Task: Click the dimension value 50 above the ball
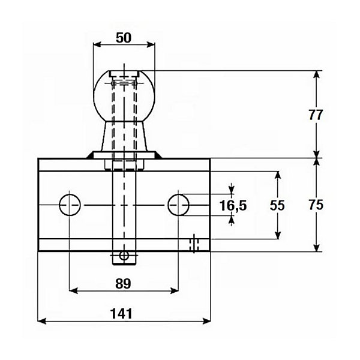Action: (x=124, y=38)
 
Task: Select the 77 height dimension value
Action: (x=316, y=115)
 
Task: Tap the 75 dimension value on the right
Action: (x=316, y=205)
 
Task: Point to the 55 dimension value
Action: (x=277, y=205)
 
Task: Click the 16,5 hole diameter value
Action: (x=233, y=205)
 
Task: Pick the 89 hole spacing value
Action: (x=123, y=284)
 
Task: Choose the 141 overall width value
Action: (x=121, y=314)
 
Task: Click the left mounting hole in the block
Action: (x=70, y=205)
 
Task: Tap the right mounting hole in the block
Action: (x=178, y=205)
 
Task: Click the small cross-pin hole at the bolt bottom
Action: (x=124, y=255)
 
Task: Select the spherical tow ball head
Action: (x=124, y=96)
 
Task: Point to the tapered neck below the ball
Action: (x=124, y=136)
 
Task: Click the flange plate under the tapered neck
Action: (x=124, y=155)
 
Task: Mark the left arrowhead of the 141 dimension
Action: (x=42, y=321)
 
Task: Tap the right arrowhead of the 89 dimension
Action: (x=174, y=291)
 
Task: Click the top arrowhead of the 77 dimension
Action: (x=317, y=75)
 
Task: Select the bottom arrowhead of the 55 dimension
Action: (x=278, y=235)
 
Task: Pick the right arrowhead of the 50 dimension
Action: (x=151, y=44)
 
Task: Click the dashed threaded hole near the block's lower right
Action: (x=194, y=244)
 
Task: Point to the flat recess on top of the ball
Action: (x=124, y=73)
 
